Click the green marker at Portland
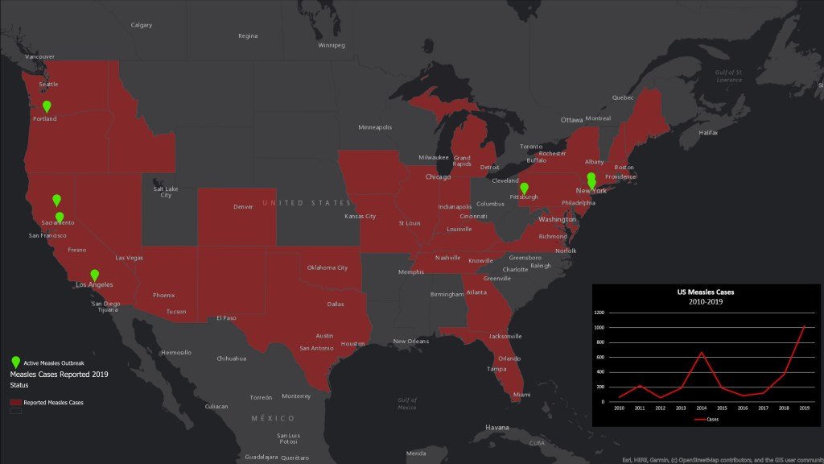click(47, 106)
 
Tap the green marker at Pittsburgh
click(524, 188)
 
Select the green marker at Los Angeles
click(94, 275)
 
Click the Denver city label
click(243, 207)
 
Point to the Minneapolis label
click(375, 127)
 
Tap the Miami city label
click(521, 395)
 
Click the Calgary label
click(142, 25)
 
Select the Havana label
click(497, 427)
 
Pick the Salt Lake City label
click(166, 192)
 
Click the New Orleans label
click(410, 341)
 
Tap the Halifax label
click(708, 132)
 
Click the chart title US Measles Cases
click(706, 292)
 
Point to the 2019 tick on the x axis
click(804, 409)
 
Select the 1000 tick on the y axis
click(599, 328)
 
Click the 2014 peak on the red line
click(702, 352)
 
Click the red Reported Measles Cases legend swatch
click(15, 401)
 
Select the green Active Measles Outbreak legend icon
click(15, 363)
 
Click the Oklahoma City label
click(327, 267)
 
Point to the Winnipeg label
click(332, 45)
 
